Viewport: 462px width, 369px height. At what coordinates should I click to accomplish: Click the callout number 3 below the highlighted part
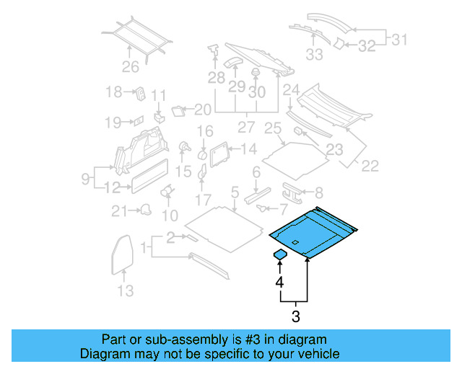point(295,316)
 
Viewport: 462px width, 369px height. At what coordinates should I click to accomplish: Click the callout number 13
point(126,290)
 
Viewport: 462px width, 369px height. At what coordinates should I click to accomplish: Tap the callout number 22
point(369,166)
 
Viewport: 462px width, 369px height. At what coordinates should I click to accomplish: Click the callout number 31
point(399,40)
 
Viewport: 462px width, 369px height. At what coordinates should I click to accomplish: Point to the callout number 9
point(85,177)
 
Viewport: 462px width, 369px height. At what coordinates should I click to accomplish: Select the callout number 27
point(248,128)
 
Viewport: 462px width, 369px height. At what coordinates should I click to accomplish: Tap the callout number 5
point(235,192)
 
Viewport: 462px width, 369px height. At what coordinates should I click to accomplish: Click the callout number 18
point(115,92)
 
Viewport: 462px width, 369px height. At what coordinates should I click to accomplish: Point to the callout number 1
point(144,249)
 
